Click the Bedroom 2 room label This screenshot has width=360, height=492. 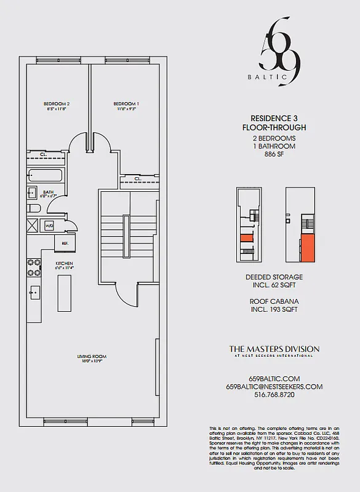(56, 104)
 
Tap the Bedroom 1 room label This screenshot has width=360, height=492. (126, 104)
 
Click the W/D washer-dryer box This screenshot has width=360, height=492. (49, 226)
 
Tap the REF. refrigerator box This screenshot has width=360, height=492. (65, 243)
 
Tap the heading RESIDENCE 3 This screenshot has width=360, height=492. (274, 118)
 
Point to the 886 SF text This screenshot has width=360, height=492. (274, 155)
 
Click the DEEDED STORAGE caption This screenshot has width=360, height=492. (275, 277)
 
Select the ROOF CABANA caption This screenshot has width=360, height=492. (275, 301)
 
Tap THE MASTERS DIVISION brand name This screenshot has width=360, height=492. (274, 349)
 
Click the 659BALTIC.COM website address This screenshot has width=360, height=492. (274, 378)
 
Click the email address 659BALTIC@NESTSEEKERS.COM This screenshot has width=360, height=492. (274, 387)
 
